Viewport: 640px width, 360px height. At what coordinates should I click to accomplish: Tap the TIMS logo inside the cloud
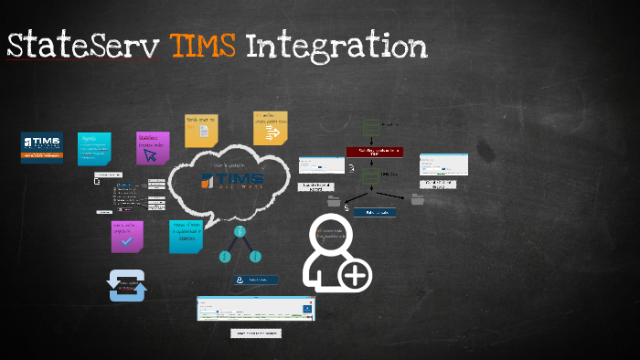pyautogui.click(x=232, y=179)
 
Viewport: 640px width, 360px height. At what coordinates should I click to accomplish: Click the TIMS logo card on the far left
pyautogui.click(x=42, y=147)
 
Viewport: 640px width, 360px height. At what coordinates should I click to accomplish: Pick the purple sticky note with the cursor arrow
pyautogui.click(x=153, y=148)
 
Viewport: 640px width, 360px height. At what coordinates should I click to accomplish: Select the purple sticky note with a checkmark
pyautogui.click(x=127, y=236)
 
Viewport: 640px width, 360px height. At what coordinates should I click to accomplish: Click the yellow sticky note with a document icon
pyautogui.click(x=201, y=132)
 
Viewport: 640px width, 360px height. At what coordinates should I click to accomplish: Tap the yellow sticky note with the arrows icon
pyautogui.click(x=271, y=130)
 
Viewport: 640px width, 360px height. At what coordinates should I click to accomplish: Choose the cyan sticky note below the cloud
pyautogui.click(x=186, y=236)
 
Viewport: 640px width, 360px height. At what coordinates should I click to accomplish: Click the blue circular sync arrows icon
pyautogui.click(x=128, y=285)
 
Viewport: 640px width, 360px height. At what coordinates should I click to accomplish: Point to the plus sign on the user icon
pyautogui.click(x=356, y=275)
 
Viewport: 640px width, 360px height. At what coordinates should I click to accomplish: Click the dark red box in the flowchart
pyautogui.click(x=374, y=153)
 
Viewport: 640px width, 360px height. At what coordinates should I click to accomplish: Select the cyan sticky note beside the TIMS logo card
pyautogui.click(x=94, y=148)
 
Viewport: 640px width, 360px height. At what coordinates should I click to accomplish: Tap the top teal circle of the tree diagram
pyautogui.click(x=240, y=232)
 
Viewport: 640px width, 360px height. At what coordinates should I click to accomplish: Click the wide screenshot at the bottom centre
pyautogui.click(x=257, y=308)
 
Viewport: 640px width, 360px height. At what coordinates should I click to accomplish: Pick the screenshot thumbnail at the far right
pyautogui.click(x=443, y=164)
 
